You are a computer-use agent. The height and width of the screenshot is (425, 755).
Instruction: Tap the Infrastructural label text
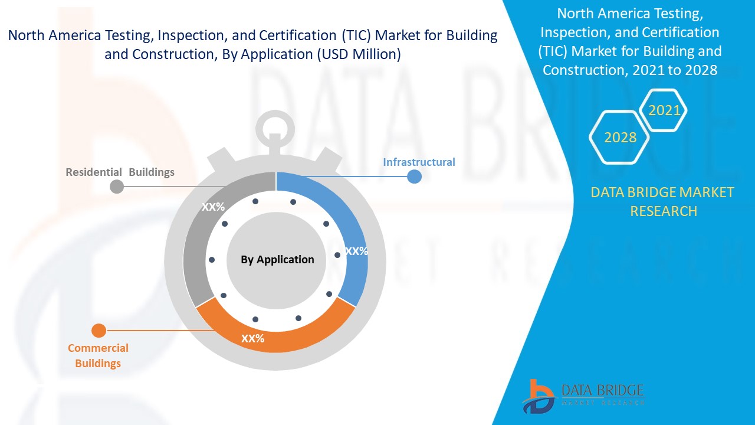(x=419, y=162)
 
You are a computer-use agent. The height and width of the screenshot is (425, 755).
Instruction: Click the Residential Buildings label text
(x=120, y=172)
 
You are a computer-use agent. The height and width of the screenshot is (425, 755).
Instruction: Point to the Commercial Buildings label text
(x=98, y=355)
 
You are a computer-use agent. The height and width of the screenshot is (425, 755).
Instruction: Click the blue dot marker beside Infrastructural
(x=415, y=176)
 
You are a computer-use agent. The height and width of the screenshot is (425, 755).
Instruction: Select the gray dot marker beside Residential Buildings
(x=117, y=187)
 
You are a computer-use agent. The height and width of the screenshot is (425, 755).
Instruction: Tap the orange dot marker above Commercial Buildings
(x=99, y=331)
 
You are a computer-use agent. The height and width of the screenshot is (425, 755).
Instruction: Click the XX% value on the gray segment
(x=213, y=207)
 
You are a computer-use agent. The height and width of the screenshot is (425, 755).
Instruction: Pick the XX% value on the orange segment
(x=252, y=339)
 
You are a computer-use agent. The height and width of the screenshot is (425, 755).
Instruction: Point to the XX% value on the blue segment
(x=356, y=251)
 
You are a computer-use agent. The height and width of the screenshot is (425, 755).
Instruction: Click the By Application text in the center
(x=277, y=259)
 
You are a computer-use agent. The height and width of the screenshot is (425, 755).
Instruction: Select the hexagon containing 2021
(x=664, y=110)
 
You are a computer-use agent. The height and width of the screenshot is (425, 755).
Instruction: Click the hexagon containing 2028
(x=620, y=138)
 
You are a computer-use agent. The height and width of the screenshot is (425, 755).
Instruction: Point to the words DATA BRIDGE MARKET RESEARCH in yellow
(x=663, y=201)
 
